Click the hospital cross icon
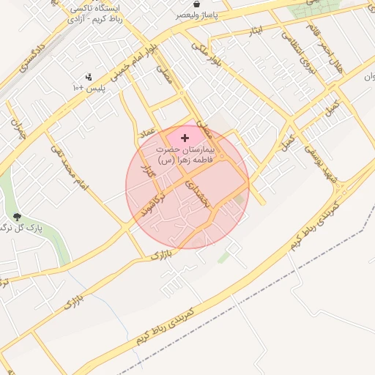coord(185,137)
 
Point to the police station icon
coord(89,76)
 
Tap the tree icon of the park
coord(16,216)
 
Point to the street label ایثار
coord(256,31)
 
